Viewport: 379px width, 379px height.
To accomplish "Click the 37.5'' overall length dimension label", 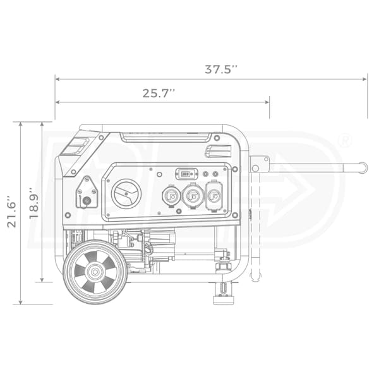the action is click(x=221, y=69).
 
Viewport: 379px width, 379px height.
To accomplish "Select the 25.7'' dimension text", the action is click(x=159, y=93).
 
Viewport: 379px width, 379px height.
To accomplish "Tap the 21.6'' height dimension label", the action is click(x=11, y=212).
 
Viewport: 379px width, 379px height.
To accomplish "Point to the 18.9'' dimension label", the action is click(x=34, y=203).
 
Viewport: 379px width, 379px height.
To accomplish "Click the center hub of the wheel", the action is click(x=95, y=272).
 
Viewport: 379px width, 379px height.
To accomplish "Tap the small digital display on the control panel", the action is click(x=186, y=174).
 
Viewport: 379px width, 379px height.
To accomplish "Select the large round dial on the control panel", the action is click(x=126, y=194).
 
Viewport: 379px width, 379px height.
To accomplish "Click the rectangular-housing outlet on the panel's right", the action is click(x=214, y=196).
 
